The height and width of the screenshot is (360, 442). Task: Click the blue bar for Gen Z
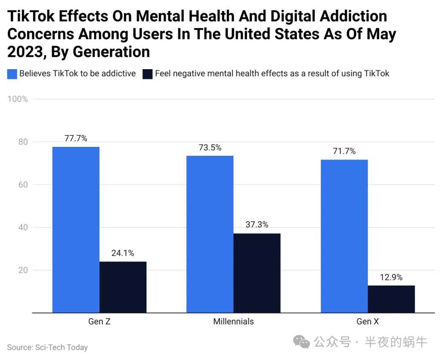(x=76, y=229)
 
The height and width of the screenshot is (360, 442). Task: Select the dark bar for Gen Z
(x=123, y=287)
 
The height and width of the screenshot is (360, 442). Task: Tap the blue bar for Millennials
(x=210, y=234)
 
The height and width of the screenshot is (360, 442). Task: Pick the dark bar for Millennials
(x=257, y=273)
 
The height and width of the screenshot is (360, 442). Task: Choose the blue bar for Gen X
(x=344, y=236)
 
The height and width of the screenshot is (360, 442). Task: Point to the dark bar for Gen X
(x=391, y=299)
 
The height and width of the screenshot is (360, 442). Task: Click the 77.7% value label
(x=76, y=138)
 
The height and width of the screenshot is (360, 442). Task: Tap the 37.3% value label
(x=257, y=225)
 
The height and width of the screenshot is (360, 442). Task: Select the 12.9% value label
(x=391, y=277)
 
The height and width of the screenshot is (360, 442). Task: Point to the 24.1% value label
(x=123, y=253)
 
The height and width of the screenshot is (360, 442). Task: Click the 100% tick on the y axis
(x=18, y=99)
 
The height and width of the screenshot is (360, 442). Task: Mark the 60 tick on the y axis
(x=23, y=184)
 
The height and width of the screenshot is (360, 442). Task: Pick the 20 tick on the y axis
(x=23, y=270)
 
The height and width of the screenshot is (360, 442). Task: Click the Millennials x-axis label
(x=233, y=322)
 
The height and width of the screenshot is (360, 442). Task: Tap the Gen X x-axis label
(x=368, y=322)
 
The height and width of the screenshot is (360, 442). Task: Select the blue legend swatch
(x=12, y=74)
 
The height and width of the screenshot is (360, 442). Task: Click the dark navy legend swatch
(x=147, y=74)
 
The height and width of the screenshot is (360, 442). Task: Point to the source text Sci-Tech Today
(x=61, y=347)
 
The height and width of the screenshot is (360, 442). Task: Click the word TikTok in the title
(x=31, y=16)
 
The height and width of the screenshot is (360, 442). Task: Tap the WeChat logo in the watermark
(x=301, y=342)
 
